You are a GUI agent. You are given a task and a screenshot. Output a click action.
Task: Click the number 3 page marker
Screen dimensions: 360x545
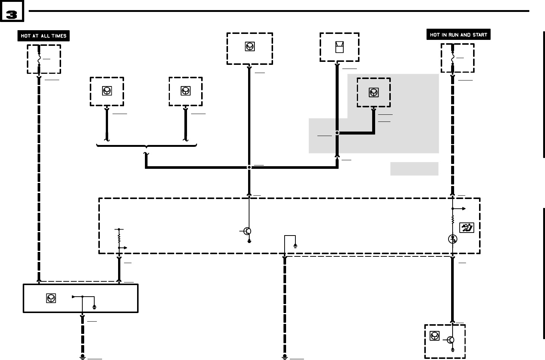tap(12, 14)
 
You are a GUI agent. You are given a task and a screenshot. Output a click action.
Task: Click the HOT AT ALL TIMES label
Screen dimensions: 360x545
tap(44, 36)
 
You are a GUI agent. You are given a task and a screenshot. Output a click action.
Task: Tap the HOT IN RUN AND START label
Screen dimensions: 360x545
tap(458, 35)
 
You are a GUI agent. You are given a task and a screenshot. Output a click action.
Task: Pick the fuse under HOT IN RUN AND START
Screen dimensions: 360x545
tap(453, 59)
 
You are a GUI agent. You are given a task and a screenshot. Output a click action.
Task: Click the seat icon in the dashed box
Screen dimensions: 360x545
tap(339, 47)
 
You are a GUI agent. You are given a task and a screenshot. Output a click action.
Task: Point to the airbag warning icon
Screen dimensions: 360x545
tap(466, 227)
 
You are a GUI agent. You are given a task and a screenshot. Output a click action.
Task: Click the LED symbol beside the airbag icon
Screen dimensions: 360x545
tap(453, 239)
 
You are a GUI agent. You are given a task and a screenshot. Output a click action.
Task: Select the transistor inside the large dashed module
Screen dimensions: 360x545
tap(247, 231)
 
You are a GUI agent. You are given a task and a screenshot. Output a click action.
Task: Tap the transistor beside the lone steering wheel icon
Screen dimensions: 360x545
tap(451, 340)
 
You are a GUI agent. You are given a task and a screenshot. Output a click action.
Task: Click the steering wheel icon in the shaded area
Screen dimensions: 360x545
tap(374, 92)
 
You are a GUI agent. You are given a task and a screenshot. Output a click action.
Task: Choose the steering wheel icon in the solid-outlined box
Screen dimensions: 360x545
tap(51, 298)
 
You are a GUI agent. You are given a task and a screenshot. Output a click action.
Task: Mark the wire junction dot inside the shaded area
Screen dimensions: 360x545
tap(337, 133)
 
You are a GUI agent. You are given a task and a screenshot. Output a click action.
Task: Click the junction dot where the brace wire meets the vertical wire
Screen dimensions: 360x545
tap(249, 167)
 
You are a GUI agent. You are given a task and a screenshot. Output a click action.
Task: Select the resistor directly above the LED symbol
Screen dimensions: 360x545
tap(453, 220)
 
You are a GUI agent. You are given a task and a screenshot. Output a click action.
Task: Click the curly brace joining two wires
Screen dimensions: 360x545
tap(146, 146)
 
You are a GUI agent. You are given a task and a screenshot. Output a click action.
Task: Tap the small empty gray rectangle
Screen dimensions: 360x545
tap(414, 168)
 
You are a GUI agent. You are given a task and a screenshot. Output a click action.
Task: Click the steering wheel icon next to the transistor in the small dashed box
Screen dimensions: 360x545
tap(434, 336)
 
